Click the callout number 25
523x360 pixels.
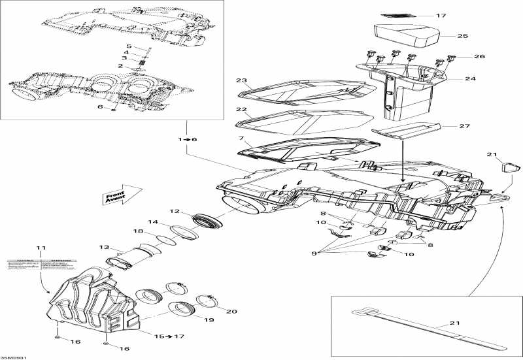click(463, 36)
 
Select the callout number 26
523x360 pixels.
click(479, 57)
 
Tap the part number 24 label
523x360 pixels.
click(470, 78)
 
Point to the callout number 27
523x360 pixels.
click(465, 126)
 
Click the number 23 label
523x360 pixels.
click(241, 81)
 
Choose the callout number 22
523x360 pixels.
click(241, 109)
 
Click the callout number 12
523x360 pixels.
click(175, 211)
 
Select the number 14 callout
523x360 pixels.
click(152, 222)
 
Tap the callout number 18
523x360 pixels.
click(139, 231)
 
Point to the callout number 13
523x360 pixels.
click(103, 247)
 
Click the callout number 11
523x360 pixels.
click(41, 248)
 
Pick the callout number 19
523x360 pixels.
click(209, 321)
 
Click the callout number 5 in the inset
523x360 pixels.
click(129, 46)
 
